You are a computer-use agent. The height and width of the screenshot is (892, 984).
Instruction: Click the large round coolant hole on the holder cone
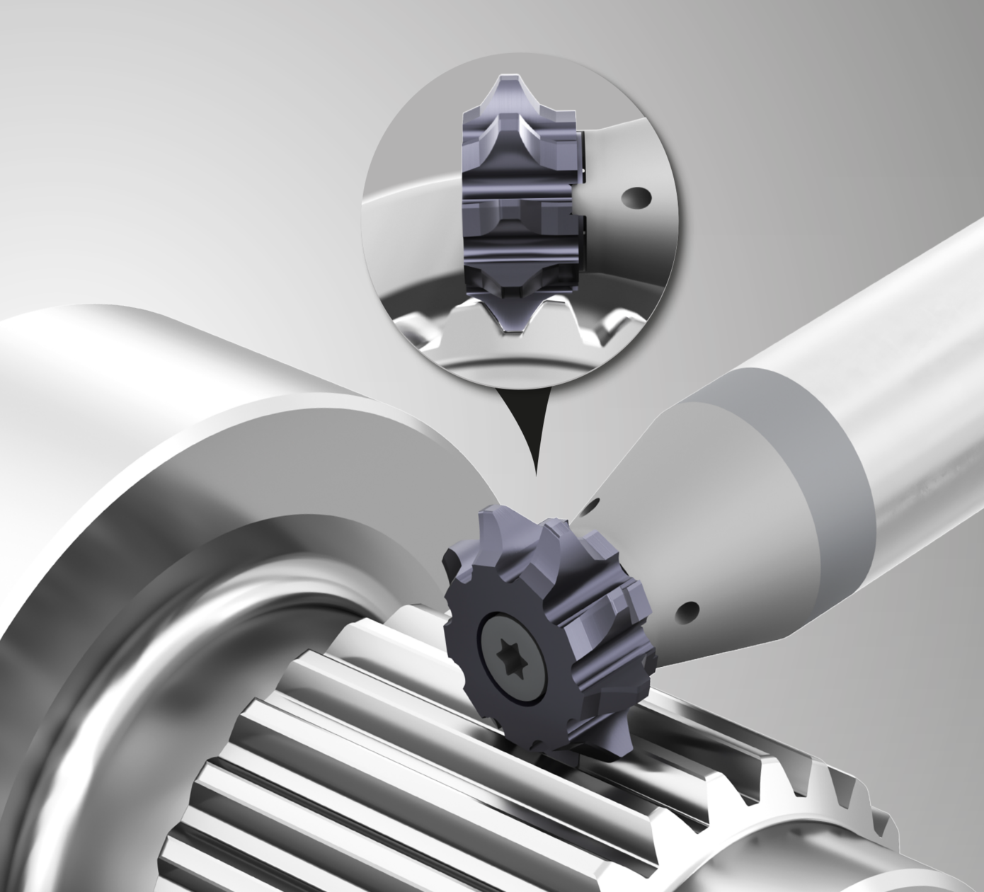(x=689, y=610)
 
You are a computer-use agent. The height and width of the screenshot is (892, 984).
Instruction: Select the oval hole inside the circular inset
(x=635, y=198)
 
